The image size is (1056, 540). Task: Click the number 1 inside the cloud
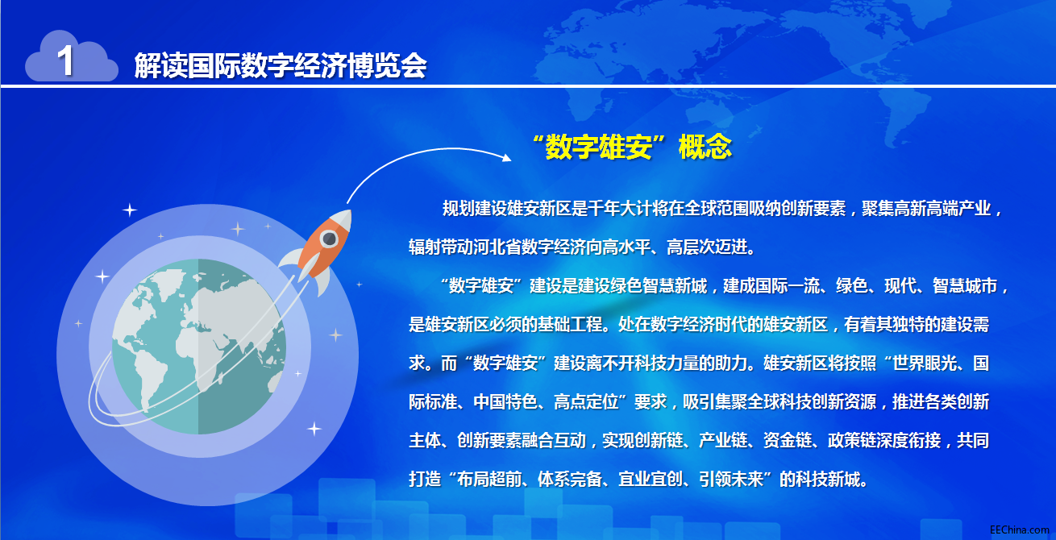click(x=65, y=60)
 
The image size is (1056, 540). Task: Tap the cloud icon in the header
click(x=72, y=56)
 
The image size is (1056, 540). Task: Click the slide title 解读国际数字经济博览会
click(x=281, y=65)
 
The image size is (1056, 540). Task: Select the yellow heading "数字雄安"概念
click(x=632, y=147)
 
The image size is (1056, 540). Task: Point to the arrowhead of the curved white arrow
click(x=507, y=157)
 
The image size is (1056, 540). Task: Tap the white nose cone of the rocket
click(x=343, y=218)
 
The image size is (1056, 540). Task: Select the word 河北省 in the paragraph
click(x=497, y=247)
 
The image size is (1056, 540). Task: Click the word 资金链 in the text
click(x=788, y=440)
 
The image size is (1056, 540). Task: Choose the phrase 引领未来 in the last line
click(x=732, y=479)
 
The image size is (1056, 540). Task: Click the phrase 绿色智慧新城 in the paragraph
click(x=659, y=285)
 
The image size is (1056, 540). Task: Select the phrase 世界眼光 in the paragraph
click(x=925, y=363)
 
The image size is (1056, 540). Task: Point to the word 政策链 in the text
click(x=852, y=440)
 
